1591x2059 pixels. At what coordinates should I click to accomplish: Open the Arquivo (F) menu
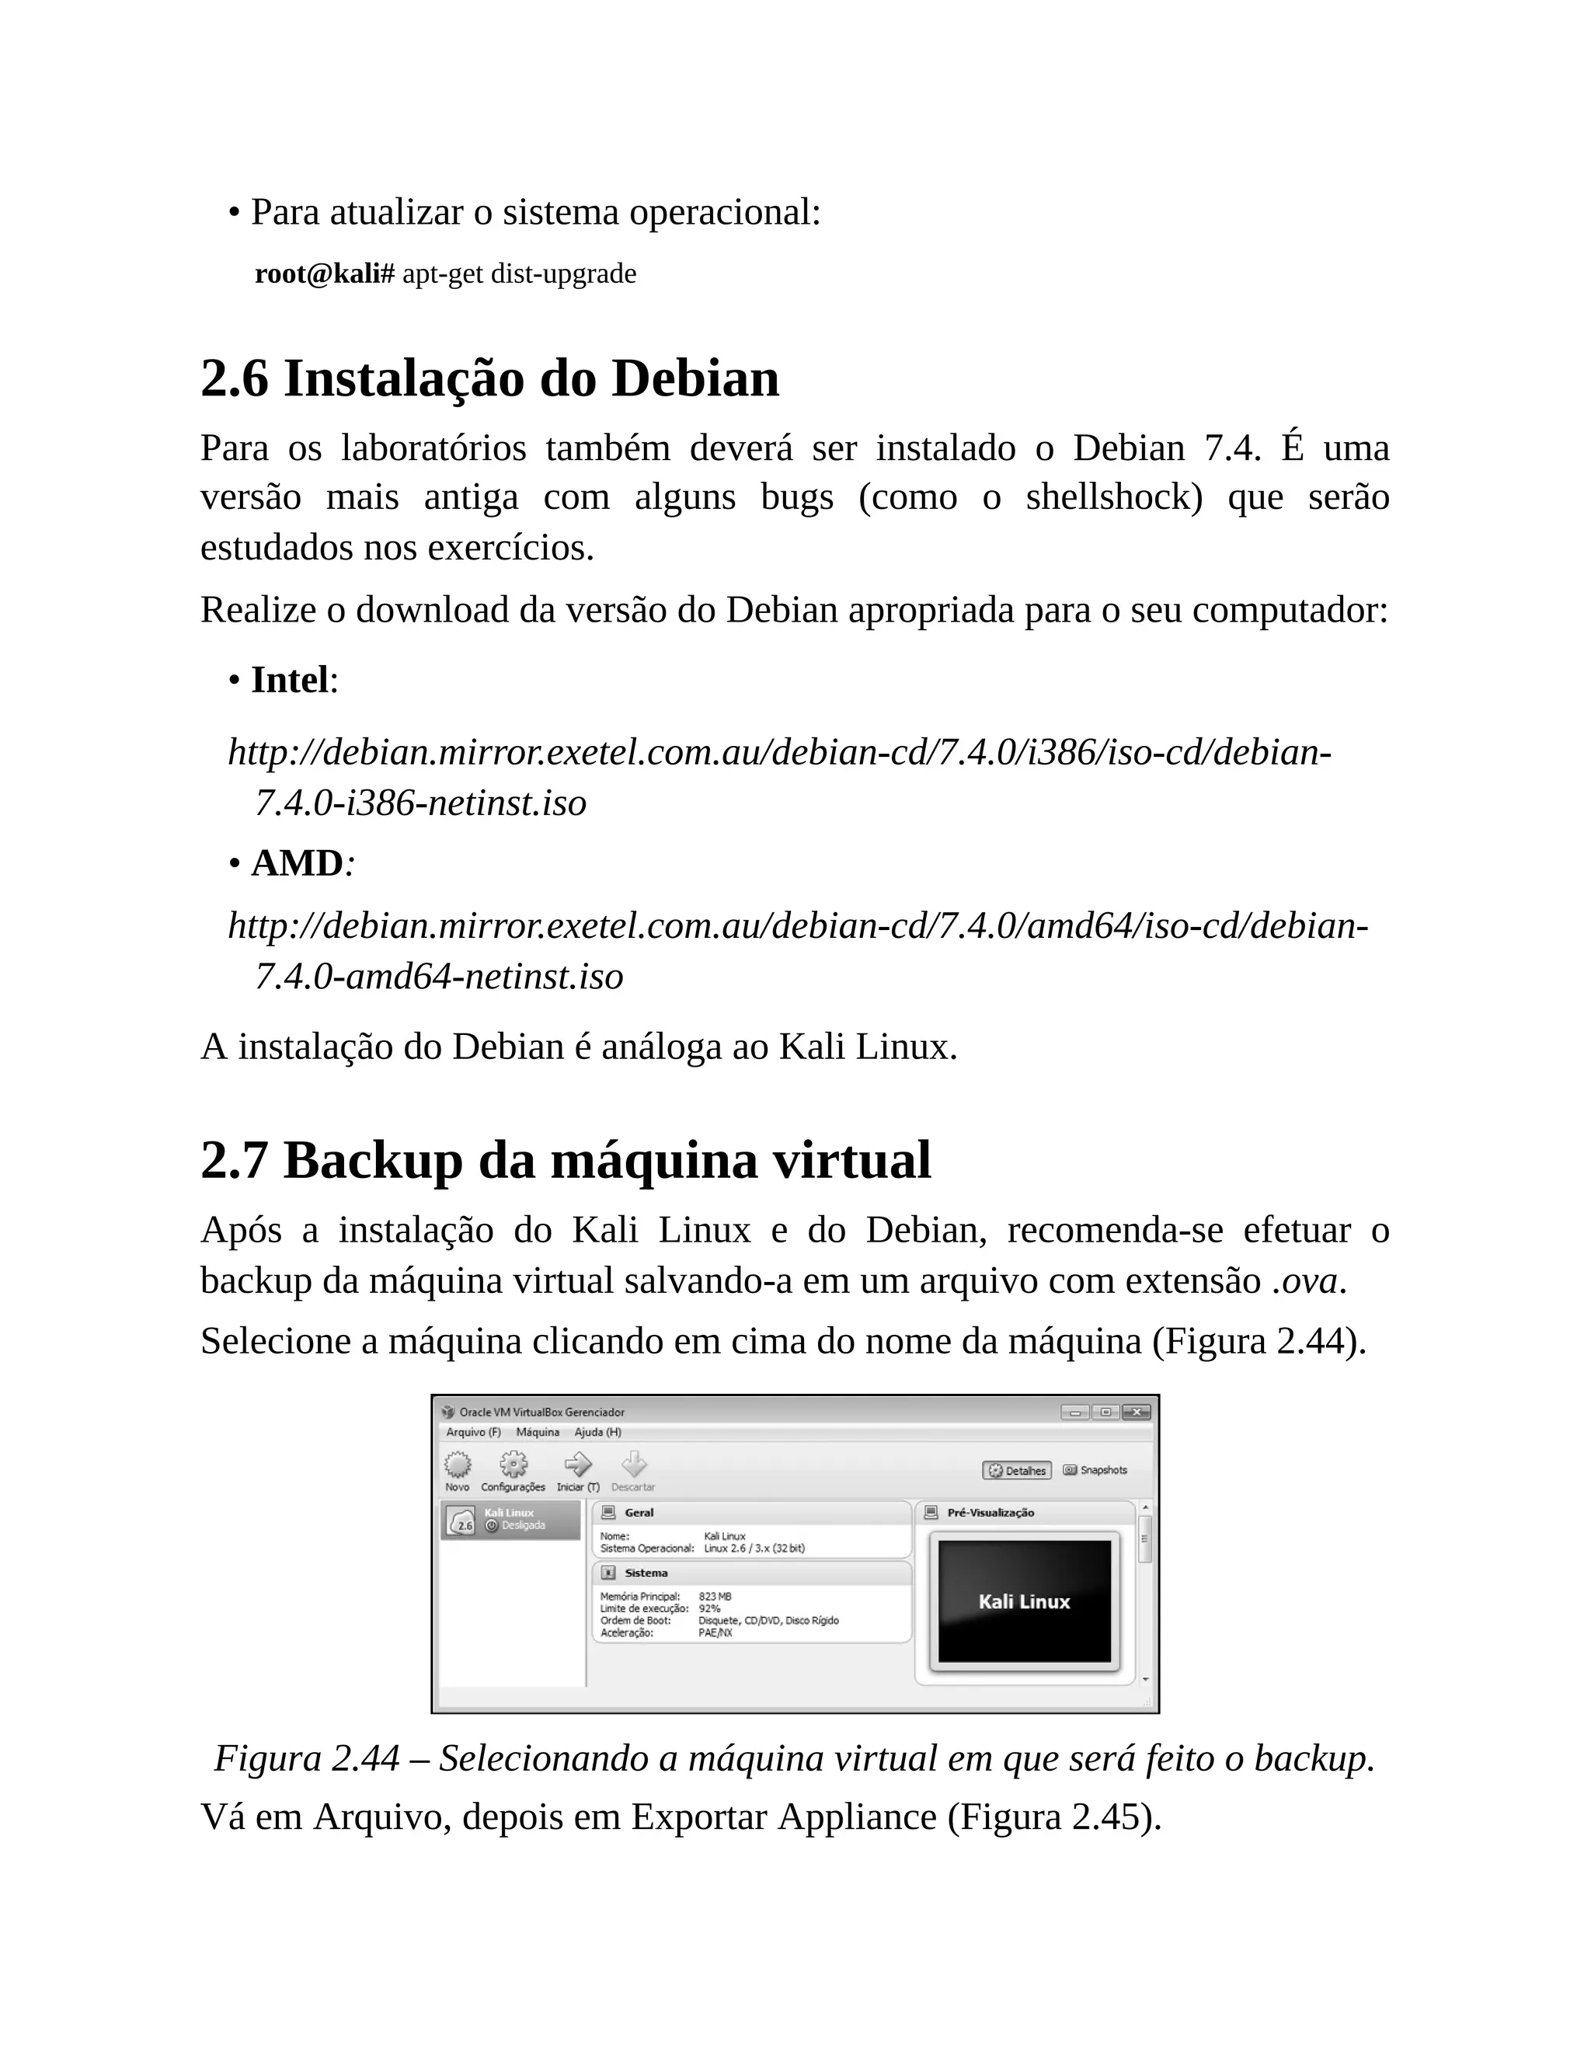(x=473, y=1432)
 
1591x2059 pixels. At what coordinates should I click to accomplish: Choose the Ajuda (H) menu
(x=597, y=1432)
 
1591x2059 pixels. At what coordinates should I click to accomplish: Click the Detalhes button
(x=1017, y=1471)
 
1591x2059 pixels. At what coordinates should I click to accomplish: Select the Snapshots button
(x=1095, y=1470)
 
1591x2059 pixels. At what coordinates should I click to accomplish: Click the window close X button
(x=1136, y=1413)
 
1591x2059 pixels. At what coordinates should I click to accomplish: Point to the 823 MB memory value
(x=715, y=1597)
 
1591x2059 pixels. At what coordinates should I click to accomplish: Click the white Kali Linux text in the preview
(x=1025, y=1602)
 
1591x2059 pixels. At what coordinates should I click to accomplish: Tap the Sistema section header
(x=646, y=1573)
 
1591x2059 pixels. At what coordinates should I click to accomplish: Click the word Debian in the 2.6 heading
(x=695, y=379)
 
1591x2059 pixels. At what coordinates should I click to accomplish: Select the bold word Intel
(x=289, y=680)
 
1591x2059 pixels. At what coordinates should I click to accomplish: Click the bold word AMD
(x=297, y=862)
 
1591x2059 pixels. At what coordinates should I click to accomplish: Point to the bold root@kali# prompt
(x=324, y=273)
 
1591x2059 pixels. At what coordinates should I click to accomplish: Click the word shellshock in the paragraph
(x=1113, y=496)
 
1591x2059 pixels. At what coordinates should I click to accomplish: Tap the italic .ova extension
(x=1304, y=1280)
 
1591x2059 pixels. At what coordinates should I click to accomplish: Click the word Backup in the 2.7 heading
(x=372, y=1159)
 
